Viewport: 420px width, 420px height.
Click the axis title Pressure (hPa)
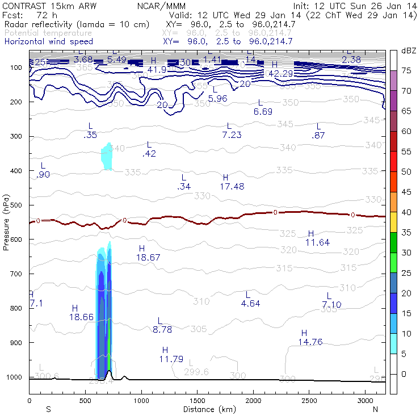(6, 221)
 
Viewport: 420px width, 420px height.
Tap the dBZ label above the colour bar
(409, 51)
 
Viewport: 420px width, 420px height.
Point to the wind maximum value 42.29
(280, 74)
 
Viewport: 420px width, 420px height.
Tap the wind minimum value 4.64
(250, 304)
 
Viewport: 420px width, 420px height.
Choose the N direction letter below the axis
(376, 409)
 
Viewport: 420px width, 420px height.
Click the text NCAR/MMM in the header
(161, 6)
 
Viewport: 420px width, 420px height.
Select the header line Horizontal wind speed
(49, 41)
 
